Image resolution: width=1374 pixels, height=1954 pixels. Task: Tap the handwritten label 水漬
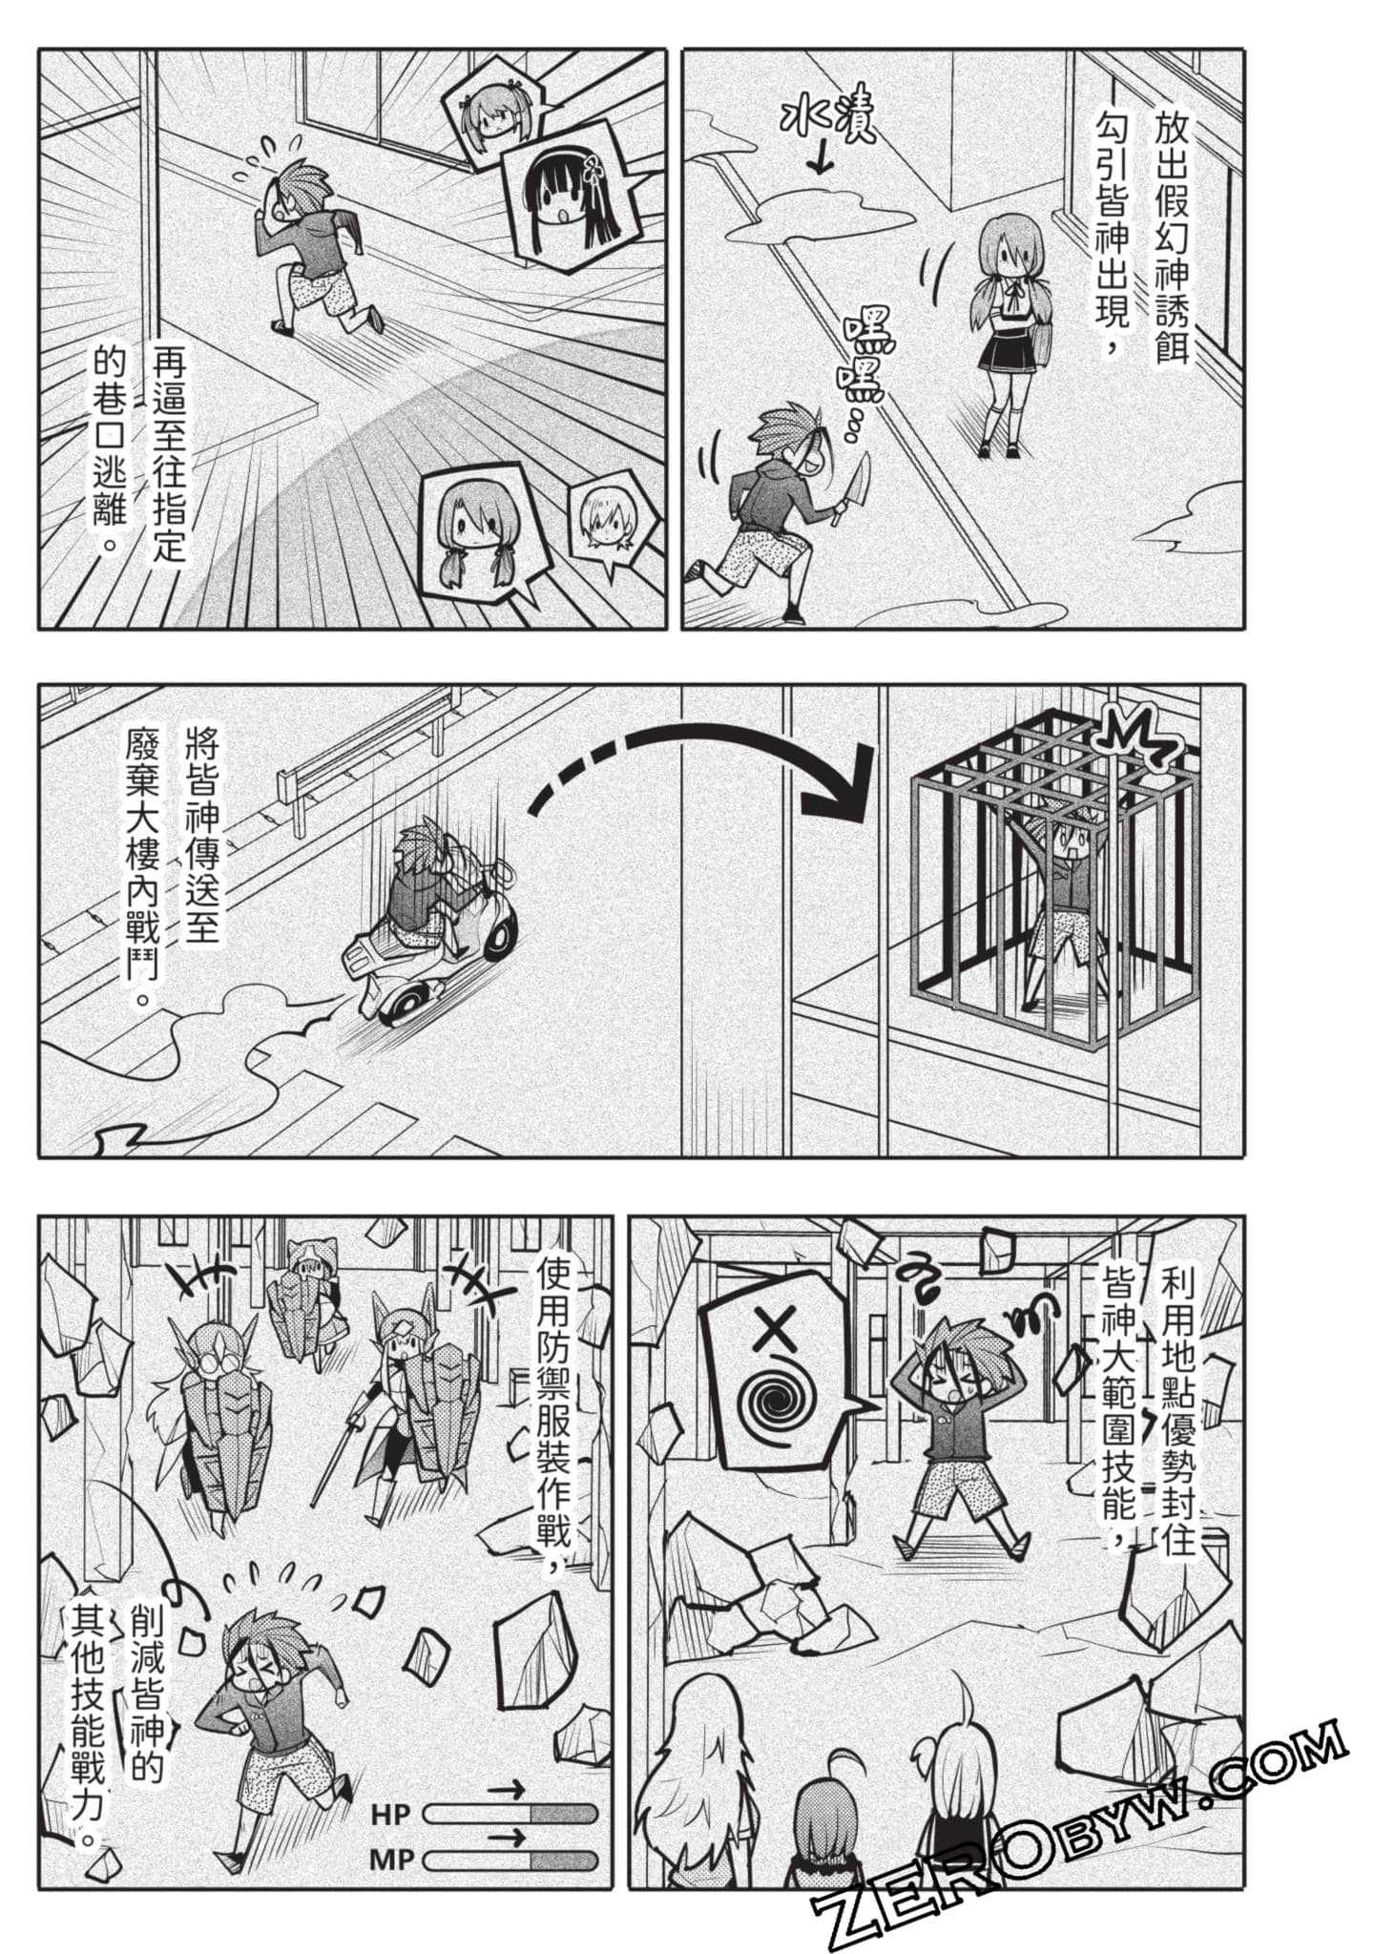point(827,119)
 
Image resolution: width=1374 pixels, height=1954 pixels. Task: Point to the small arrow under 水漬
point(820,161)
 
